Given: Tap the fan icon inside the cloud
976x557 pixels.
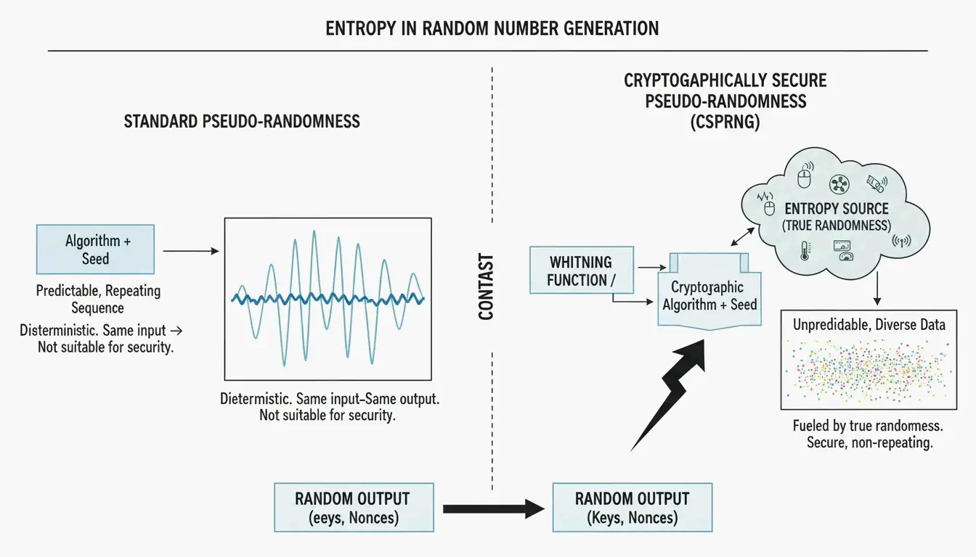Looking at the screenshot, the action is [x=839, y=184].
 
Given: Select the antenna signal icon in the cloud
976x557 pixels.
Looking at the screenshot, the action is [x=901, y=241].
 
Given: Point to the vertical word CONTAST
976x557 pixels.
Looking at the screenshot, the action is [x=486, y=287].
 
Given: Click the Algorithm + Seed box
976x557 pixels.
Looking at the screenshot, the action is [x=95, y=249].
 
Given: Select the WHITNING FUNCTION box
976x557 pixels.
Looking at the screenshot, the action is [x=582, y=271].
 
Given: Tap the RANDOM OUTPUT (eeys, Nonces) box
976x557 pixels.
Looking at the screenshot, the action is [x=354, y=508].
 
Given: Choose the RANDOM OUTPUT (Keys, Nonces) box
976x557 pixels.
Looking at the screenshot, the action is [x=633, y=508].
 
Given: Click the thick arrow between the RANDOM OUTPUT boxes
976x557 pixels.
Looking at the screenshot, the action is [x=494, y=508].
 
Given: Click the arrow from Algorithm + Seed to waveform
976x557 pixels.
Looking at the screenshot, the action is [x=191, y=251].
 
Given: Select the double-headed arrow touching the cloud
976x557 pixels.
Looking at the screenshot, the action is [x=742, y=236].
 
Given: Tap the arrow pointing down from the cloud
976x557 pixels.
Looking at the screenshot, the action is [x=877, y=289].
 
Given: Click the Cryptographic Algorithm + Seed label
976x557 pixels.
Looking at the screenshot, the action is [x=709, y=296].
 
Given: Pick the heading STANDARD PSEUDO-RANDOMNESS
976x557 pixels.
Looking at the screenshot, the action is [x=242, y=121].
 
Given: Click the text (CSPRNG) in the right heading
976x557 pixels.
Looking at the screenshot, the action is [x=725, y=122].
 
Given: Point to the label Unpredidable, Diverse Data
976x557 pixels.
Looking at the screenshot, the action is [x=869, y=325].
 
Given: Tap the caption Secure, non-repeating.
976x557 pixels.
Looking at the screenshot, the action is [x=870, y=442].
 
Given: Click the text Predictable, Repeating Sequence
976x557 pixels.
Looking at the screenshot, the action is [x=98, y=299].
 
